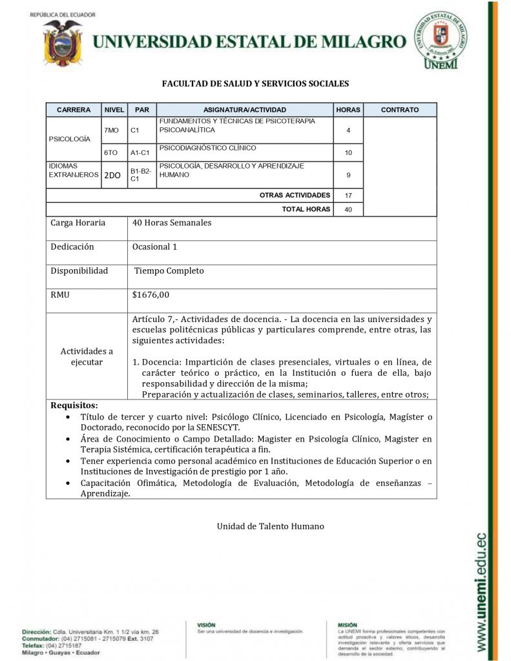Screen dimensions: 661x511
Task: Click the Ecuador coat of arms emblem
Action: (63, 42)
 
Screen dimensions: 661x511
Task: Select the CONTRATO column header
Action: (399, 110)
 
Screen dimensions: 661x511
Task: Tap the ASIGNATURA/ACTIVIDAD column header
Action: (244, 110)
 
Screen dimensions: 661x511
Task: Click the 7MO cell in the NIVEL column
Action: (112, 130)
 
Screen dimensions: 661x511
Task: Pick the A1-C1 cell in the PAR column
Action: (140, 153)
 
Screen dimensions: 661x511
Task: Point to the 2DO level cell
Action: (112, 175)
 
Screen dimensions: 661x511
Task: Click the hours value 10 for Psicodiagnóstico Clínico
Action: (348, 153)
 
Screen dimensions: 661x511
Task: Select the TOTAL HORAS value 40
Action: (348, 209)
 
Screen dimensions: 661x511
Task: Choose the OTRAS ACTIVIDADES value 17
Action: (348, 195)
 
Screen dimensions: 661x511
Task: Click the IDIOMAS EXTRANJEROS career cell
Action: (72, 170)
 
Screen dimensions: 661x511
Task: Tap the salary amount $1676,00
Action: (151, 295)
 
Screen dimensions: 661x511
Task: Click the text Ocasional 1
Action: (154, 247)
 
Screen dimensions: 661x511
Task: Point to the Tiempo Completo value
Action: (169, 271)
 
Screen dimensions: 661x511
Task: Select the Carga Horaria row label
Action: (78, 223)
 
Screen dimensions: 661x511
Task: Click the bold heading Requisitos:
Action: (74, 405)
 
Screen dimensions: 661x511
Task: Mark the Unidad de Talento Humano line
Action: (270, 526)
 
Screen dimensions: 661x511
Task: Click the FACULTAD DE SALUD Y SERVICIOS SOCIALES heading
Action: (255, 83)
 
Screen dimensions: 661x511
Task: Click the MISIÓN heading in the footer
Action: (348, 625)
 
